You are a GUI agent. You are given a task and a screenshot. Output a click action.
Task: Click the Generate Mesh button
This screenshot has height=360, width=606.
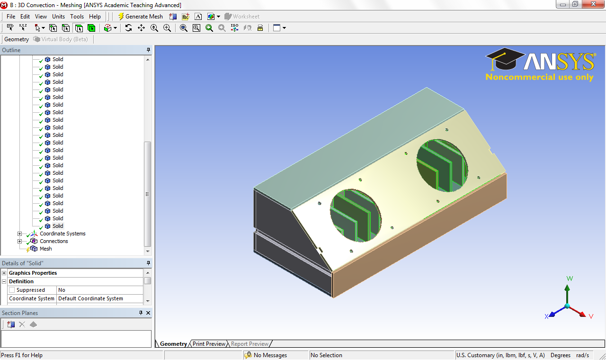tap(141, 17)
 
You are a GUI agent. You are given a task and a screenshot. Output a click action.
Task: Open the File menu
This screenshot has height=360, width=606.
tap(11, 17)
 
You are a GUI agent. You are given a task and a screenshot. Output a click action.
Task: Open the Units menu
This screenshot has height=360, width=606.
tap(58, 17)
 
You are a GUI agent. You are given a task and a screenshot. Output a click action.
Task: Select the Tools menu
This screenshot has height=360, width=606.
tap(77, 17)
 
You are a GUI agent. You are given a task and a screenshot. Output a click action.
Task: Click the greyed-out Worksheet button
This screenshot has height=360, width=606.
tap(242, 17)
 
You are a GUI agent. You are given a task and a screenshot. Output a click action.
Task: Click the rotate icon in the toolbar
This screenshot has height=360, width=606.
tap(128, 28)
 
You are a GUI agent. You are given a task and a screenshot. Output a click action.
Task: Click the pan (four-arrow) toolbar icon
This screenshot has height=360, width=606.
tap(141, 28)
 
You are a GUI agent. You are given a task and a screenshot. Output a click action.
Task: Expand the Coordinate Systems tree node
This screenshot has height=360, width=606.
tap(19, 234)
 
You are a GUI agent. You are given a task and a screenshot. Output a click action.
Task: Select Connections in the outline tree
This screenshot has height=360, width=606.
tap(54, 241)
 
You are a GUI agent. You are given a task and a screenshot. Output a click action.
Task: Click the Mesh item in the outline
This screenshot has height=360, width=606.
tap(46, 249)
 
